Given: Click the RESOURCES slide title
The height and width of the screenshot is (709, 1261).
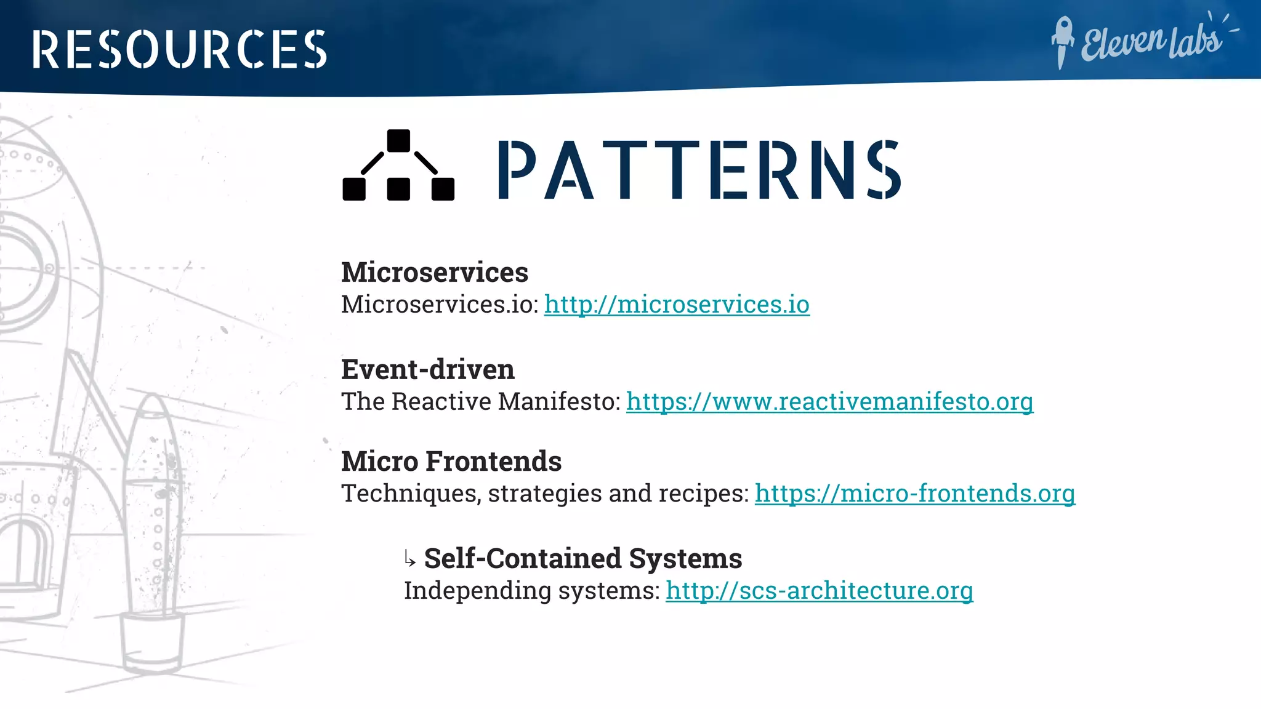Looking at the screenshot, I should pos(179,49).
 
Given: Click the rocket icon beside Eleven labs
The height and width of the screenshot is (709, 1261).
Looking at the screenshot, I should pos(1062,42).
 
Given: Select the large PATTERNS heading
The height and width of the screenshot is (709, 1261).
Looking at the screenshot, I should pos(699,170).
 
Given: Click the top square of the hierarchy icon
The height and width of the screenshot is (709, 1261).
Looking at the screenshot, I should pos(398,140).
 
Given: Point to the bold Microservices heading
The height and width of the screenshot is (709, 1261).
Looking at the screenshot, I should pos(435,273).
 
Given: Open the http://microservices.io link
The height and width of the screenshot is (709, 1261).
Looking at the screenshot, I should pos(677,305).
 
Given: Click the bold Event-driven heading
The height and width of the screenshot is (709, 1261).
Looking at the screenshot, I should pos(428,370).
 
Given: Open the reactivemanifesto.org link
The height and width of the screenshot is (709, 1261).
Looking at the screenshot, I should pos(829,402).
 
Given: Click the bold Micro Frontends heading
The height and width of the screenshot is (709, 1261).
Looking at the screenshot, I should pos(451,462).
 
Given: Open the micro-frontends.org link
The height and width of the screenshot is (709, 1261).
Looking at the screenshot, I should pos(915,494).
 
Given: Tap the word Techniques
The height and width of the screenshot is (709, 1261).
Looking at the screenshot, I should pos(409,494).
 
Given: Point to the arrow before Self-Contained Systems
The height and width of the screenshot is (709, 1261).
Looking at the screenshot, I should pos(410,559).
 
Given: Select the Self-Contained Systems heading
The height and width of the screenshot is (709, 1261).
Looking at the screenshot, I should pos(583,559).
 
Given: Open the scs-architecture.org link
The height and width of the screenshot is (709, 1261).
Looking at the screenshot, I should pos(819,591).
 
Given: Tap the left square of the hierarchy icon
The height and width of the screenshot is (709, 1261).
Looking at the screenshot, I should pos(354,189).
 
